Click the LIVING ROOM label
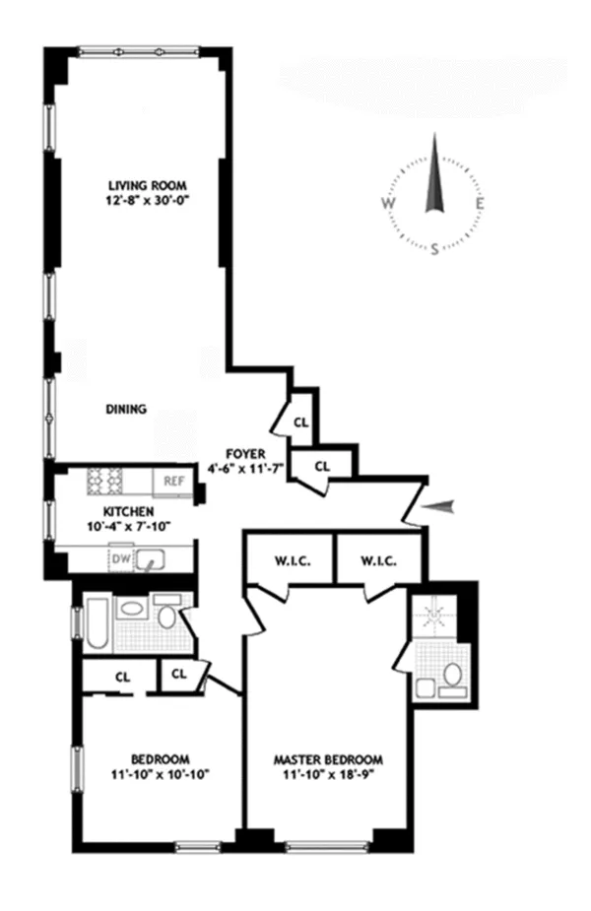coord(147,185)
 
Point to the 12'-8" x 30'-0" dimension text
coord(147,200)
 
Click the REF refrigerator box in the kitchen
coord(174,482)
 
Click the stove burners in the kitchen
coord(105,480)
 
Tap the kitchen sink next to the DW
coord(151,559)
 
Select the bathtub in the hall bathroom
coord(96,623)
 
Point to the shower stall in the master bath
coord(433,616)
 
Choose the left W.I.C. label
coord(289,562)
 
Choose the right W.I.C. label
coord(379,562)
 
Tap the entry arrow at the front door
coord(440,506)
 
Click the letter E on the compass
coord(481,205)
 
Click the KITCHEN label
coord(127,512)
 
